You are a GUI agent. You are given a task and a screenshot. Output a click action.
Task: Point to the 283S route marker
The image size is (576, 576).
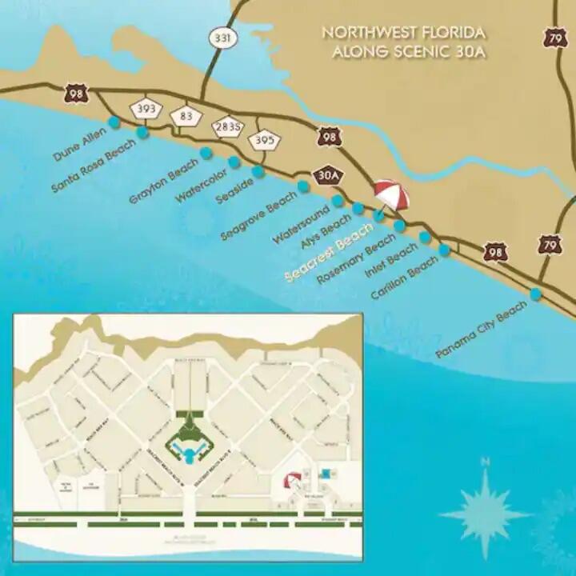coord(227,126)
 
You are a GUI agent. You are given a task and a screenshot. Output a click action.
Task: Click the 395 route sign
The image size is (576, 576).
coord(265,141)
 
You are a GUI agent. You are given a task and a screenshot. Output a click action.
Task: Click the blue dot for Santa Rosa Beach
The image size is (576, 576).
coord(143,133)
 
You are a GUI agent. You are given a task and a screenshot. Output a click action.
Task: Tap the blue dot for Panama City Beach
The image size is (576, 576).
coord(535,294)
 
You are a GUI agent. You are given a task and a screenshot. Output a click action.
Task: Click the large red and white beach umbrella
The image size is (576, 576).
coord(391,194)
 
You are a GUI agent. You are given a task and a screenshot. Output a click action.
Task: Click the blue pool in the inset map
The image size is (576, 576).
coord(190,455)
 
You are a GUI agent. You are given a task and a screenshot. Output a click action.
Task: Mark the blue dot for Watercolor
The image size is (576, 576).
coord(234,162)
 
